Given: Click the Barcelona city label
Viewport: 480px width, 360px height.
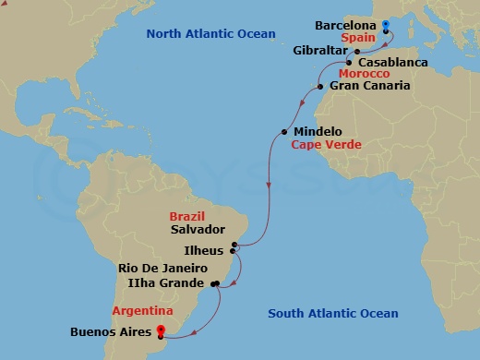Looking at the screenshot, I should pos(345,25).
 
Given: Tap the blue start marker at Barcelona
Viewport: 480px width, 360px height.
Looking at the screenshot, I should pos(385,25).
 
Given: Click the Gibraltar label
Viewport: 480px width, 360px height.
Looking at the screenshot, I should pos(318,50).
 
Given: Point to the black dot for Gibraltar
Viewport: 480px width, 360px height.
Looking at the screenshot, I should pos(356,52).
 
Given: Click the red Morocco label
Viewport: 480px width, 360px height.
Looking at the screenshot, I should pos(364,74).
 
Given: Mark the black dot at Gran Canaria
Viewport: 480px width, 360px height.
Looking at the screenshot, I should pos(319,87).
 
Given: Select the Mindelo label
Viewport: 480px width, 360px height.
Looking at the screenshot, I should pos(317,132).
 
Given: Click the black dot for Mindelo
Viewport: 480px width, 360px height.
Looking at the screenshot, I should pos(283,132).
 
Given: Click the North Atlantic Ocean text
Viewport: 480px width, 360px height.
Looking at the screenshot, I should pos(211,34).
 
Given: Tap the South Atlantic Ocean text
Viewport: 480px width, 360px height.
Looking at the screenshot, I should pos(333,314).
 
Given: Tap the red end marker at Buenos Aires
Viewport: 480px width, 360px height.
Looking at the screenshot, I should pos(161,330).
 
